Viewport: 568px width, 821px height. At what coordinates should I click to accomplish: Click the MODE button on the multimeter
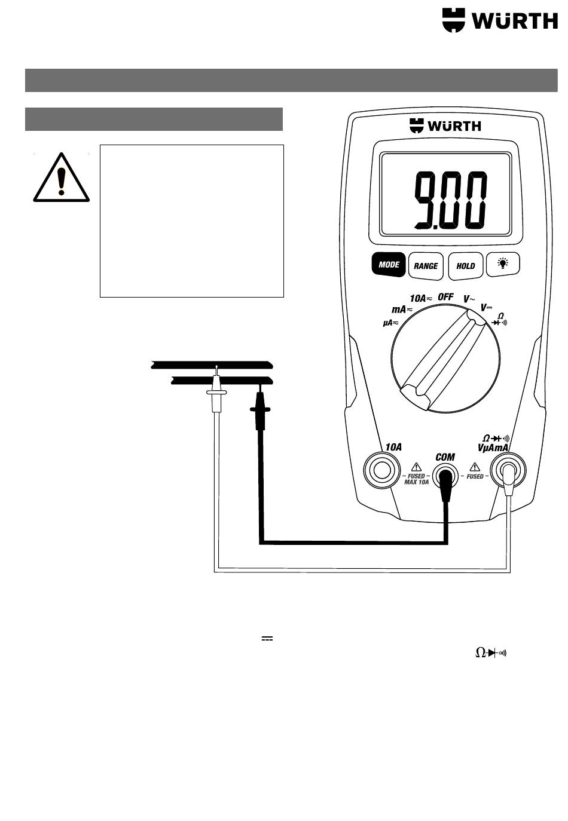389,264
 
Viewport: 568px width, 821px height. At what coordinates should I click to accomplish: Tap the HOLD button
465,266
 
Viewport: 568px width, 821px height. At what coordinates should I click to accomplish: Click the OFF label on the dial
445,296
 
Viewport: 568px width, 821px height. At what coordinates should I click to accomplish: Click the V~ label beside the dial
470,298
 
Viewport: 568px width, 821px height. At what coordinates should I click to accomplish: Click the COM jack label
445,457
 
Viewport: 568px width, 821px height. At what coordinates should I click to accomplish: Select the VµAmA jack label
493,448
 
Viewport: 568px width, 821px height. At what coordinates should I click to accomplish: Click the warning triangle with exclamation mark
61,178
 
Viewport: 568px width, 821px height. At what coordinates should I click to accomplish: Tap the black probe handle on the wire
260,412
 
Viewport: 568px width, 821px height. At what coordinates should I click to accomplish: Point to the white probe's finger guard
216,392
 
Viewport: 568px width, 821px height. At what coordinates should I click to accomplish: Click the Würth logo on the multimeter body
445,125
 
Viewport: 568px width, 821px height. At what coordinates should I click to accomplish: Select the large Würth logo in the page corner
499,21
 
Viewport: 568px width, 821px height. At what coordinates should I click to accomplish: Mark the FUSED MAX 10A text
416,479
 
